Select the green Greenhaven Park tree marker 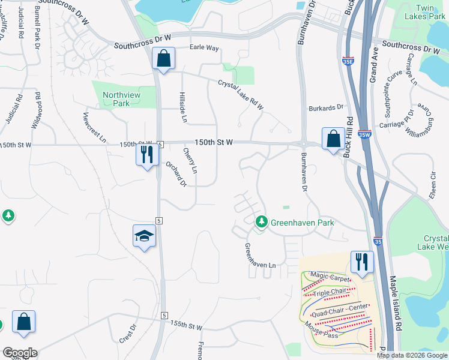[x=261, y=222]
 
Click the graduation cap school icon [x=145, y=236]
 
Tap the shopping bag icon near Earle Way [x=163, y=58]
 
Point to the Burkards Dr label [x=325, y=108]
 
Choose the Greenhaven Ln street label [x=260, y=256]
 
